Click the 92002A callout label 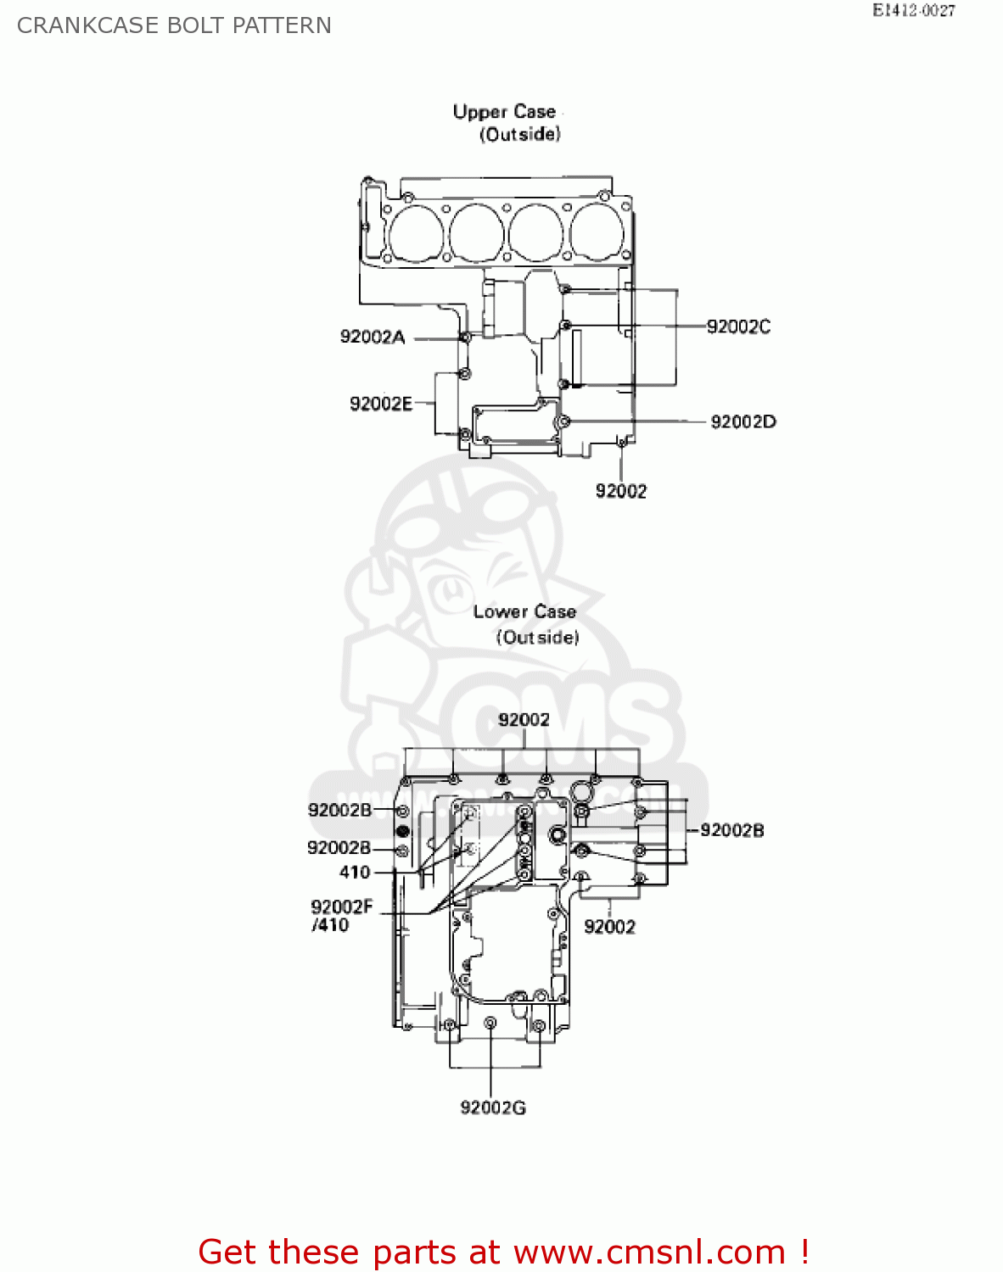[x=372, y=338]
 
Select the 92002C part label [x=738, y=326]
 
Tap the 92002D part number [x=742, y=421]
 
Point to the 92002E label [x=380, y=404]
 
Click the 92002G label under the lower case [x=492, y=1107]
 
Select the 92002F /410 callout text [x=341, y=916]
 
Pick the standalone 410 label [x=355, y=872]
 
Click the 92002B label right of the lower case [x=731, y=830]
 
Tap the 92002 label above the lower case [x=524, y=720]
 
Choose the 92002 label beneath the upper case [x=620, y=491]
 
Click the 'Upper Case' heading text [x=504, y=112]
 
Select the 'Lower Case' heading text [x=524, y=611]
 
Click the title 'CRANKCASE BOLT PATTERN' [x=174, y=25]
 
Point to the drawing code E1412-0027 [x=913, y=11]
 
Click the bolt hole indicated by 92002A [x=465, y=338]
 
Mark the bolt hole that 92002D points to [x=563, y=421]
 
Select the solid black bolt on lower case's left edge [x=403, y=830]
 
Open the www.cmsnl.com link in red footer [x=649, y=1252]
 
